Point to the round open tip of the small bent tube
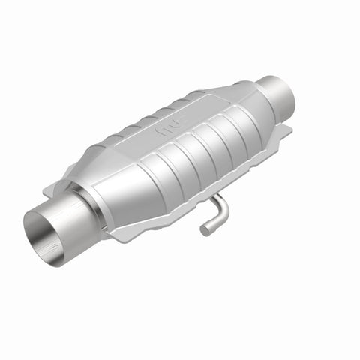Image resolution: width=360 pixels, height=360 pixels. pyautogui.click(x=205, y=229)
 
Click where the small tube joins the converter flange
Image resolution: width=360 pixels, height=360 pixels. pyautogui.click(x=213, y=198)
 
